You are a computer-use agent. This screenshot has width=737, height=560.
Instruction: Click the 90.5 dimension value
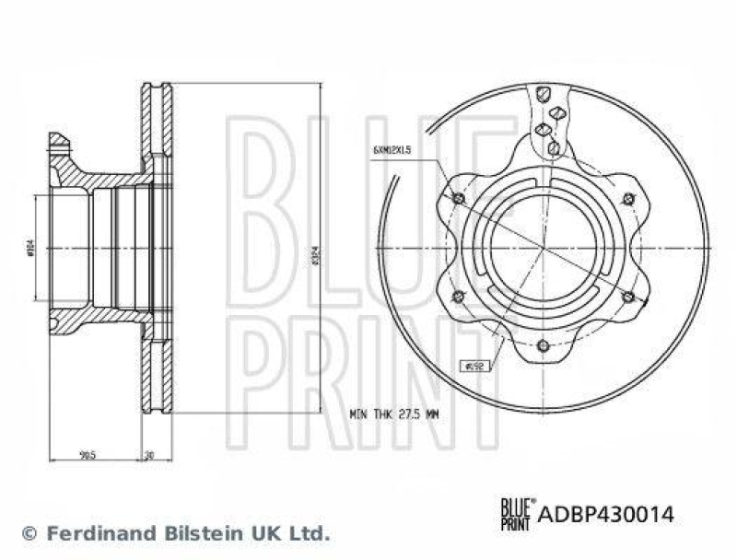point(89,453)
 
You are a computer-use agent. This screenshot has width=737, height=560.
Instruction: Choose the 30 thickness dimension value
point(150,453)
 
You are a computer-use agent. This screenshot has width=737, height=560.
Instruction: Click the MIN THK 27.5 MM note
point(393,414)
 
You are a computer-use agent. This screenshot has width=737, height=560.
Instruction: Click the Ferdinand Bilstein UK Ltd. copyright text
point(175,532)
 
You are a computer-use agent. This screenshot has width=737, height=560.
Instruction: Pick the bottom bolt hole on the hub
point(544,346)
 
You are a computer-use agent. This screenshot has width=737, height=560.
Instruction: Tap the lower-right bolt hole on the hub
point(628,296)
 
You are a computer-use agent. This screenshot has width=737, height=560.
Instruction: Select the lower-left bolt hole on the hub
point(459,296)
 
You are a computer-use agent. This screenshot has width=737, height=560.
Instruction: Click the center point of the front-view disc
point(544,248)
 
